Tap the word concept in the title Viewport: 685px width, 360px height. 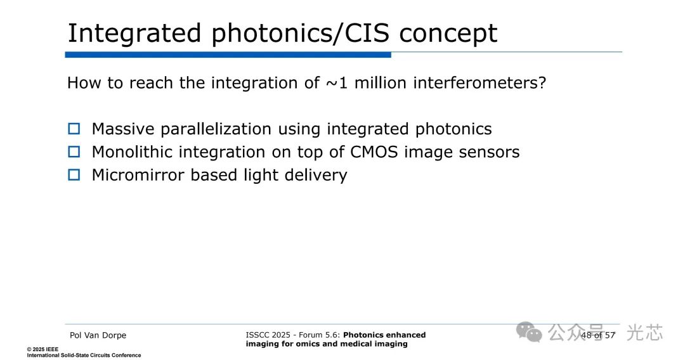point(448,34)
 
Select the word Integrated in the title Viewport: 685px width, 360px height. point(134,34)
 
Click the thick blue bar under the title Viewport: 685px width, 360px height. point(228,55)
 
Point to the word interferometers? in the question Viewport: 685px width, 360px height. point(480,82)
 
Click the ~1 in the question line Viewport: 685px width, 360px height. point(337,83)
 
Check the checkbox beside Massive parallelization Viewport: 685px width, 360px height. point(74,129)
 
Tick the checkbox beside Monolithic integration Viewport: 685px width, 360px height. point(74,152)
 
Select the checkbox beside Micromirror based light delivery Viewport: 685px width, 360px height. point(74,175)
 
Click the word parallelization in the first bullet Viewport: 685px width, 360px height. point(216,129)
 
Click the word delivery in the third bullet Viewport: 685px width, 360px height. point(316,176)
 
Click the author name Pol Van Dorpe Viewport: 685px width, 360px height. point(98,335)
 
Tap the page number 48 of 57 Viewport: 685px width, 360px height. point(597,335)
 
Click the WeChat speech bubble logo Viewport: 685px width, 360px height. point(529,332)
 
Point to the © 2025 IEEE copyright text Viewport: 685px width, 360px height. point(42,349)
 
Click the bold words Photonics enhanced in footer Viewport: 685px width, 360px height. point(384,335)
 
